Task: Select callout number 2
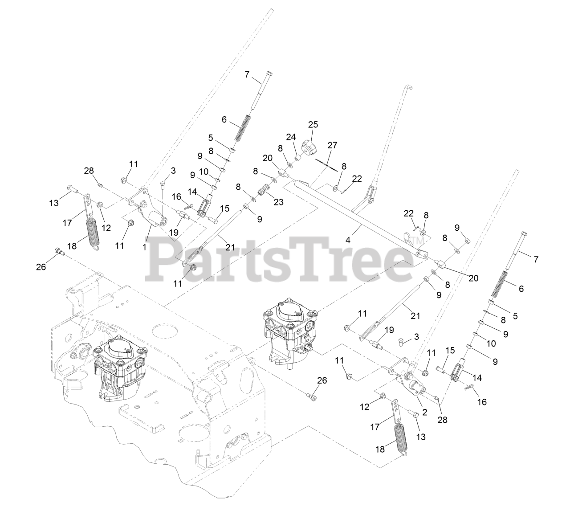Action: [424, 412]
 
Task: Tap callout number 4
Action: [348, 239]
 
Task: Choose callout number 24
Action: [291, 136]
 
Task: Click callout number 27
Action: [332, 145]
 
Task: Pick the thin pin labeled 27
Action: [329, 164]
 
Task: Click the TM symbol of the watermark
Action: [418, 241]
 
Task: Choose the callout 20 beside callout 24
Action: [267, 158]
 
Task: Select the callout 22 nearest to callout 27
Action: [357, 179]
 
